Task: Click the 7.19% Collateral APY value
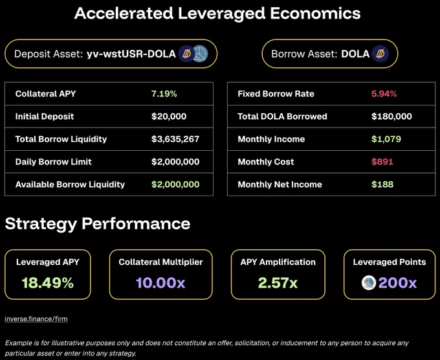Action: (x=164, y=94)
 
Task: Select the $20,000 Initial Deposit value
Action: (x=169, y=117)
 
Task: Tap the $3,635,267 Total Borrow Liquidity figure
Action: (x=175, y=139)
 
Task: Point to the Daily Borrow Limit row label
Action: (x=54, y=162)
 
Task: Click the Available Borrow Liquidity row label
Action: (x=70, y=185)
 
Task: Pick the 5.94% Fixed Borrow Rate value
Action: (x=384, y=94)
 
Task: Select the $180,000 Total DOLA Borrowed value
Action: (x=391, y=117)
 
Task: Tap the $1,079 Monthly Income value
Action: (x=386, y=139)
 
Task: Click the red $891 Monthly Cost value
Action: (x=382, y=162)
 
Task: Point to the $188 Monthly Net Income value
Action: (x=382, y=185)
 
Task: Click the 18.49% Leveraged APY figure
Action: (x=48, y=282)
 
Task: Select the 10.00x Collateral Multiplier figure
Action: (x=160, y=282)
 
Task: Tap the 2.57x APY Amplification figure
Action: (x=278, y=282)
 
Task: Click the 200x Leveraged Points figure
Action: (x=397, y=282)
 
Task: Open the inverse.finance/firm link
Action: (x=36, y=319)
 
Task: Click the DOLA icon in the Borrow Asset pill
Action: (x=380, y=54)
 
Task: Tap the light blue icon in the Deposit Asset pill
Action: (x=200, y=54)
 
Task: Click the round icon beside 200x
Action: (x=369, y=282)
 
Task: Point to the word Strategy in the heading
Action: (x=41, y=225)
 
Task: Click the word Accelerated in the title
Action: (x=124, y=13)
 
